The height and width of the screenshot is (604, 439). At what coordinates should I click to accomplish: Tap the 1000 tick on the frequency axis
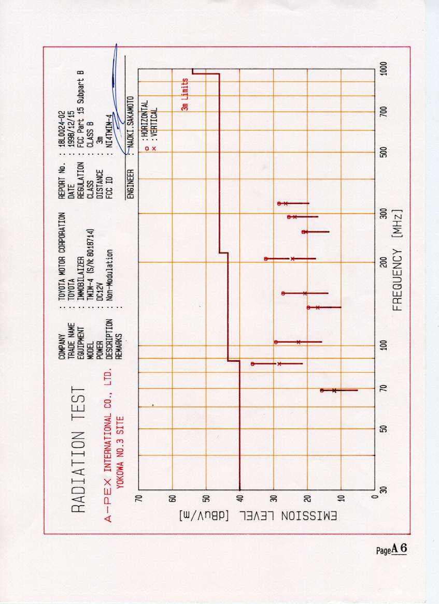(384, 69)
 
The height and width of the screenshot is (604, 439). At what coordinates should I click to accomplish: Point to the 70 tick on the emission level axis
(138, 498)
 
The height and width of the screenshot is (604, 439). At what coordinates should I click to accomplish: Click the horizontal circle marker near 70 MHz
(322, 390)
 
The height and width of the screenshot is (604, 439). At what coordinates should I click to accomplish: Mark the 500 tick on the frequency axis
(384, 152)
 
